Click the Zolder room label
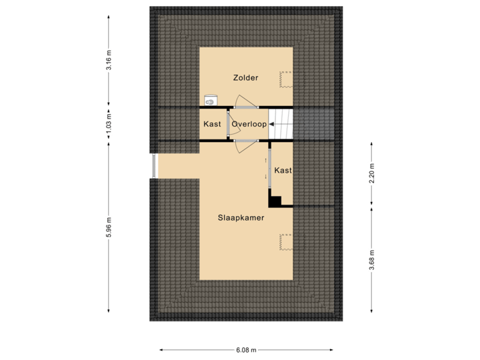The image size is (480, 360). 245,78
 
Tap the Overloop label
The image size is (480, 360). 249,124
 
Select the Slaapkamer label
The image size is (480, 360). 241,218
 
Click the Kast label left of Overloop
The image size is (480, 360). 211,124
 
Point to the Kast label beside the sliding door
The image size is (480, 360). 283,171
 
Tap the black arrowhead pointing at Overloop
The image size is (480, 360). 272,124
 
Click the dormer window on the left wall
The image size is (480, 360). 153,166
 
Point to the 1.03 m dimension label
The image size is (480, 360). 109,124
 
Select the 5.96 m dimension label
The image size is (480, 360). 109,227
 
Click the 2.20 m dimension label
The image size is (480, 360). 372,173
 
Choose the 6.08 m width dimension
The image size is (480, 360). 245,349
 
